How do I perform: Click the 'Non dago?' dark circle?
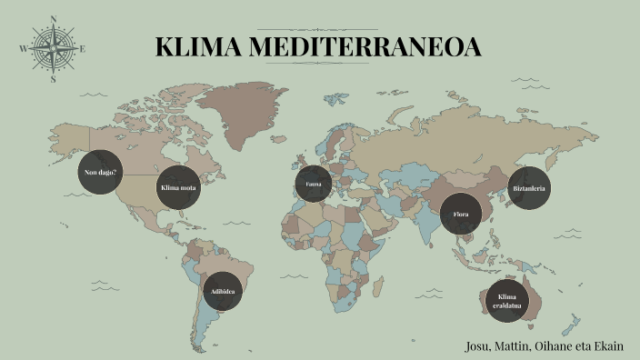(101, 173)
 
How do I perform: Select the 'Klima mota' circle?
(178, 188)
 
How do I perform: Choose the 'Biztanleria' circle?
(530, 188)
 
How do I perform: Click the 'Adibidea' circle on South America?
(223, 292)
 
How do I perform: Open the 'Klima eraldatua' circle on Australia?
(507, 301)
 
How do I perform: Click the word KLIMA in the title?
(193, 47)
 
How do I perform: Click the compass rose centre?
(53, 48)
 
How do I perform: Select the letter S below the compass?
(53, 79)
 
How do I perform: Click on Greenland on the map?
(241, 109)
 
